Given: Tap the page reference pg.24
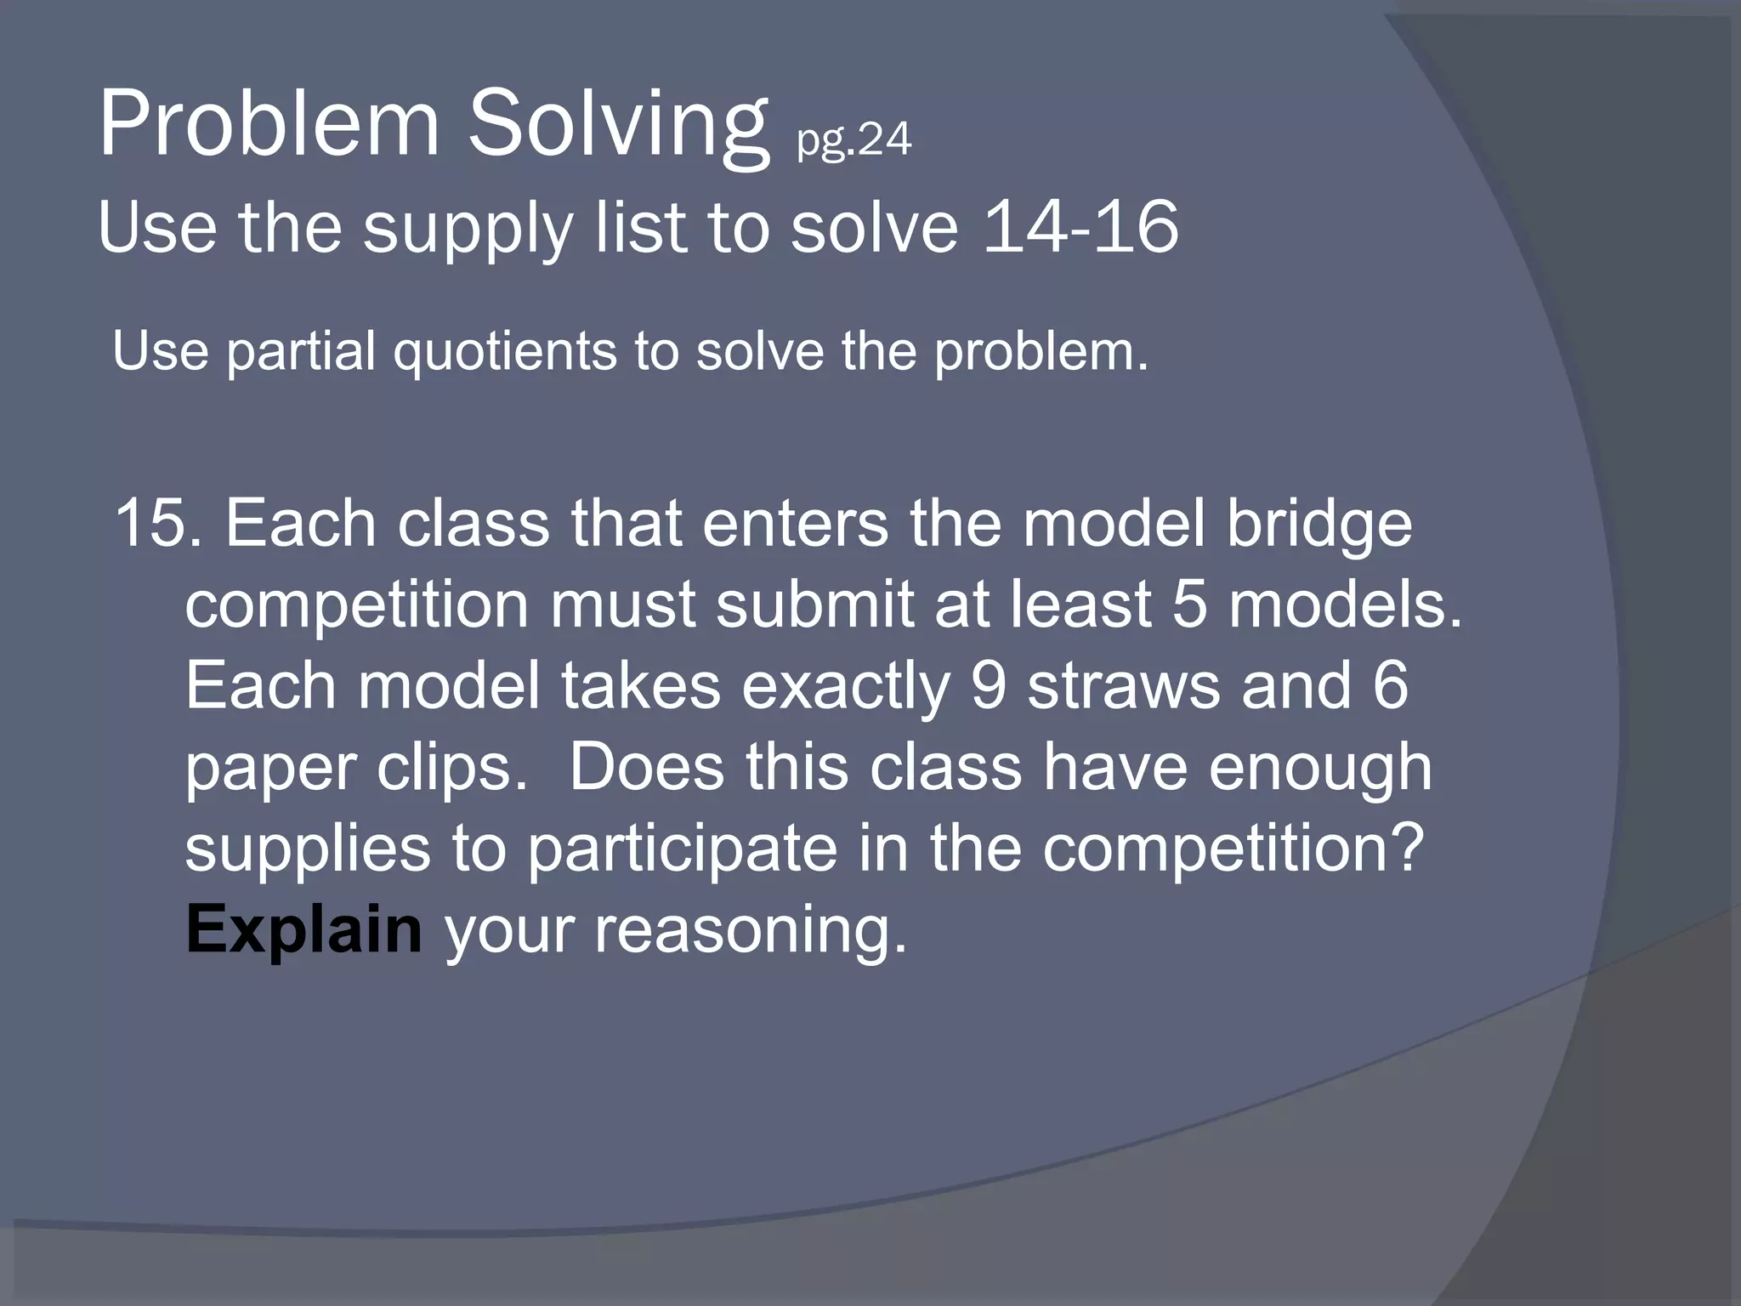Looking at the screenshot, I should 853,139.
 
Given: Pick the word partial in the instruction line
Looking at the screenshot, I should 301,351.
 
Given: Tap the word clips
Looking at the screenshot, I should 451,768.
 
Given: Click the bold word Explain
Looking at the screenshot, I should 303,930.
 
